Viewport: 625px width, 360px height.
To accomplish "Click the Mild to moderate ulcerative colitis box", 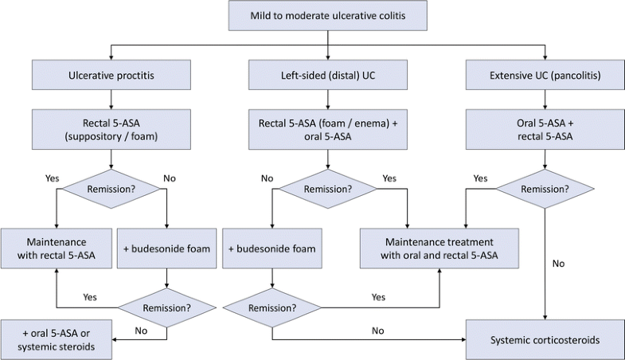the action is (x=328, y=16).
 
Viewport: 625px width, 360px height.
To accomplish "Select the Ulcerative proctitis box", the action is (x=111, y=75).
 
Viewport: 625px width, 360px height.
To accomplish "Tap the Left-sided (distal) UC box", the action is (x=328, y=75).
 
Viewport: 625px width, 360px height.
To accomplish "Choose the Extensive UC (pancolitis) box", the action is (x=545, y=75).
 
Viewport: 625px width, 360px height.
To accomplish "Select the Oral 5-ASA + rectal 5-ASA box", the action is (x=545, y=130).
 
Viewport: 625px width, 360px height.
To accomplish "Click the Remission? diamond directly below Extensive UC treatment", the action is (x=545, y=189).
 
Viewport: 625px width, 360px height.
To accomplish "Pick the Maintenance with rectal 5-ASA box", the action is (x=57, y=248).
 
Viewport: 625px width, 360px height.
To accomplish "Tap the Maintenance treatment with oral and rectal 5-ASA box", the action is (x=439, y=248).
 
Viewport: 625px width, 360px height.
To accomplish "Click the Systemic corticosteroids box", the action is (x=545, y=339).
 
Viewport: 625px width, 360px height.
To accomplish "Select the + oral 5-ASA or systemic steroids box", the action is (x=57, y=339).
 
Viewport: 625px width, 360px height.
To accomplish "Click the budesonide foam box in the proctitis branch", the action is (x=166, y=248).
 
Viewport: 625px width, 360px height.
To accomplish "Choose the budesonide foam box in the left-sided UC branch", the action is (x=272, y=248).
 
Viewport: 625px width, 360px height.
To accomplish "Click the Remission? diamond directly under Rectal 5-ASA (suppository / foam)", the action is (x=111, y=189).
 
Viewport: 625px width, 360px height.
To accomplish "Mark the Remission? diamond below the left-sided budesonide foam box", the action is (x=272, y=307).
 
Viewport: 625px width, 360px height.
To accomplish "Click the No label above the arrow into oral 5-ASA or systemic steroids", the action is (x=141, y=331).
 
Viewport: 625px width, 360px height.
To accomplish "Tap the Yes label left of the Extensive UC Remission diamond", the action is (x=480, y=178).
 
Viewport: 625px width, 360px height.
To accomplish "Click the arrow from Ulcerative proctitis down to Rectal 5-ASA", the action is (x=111, y=100).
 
